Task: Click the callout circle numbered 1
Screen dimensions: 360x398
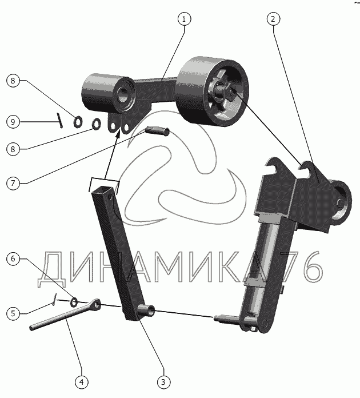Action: click(184, 19)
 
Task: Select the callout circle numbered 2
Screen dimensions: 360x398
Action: click(273, 19)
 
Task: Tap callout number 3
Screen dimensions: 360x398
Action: click(163, 382)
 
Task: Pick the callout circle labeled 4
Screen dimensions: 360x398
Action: click(82, 382)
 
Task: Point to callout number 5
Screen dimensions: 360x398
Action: click(13, 313)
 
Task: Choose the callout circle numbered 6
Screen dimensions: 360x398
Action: click(13, 259)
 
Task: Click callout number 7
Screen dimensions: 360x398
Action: click(13, 183)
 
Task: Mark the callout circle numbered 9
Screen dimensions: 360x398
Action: click(13, 122)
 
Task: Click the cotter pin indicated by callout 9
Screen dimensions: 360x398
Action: click(60, 121)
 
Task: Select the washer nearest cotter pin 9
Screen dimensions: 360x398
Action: click(78, 122)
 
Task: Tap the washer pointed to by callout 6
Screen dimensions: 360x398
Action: click(74, 302)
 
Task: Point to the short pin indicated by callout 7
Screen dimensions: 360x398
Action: click(157, 131)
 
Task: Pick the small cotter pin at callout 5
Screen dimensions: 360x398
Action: click(54, 300)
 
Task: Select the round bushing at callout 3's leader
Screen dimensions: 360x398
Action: click(146, 311)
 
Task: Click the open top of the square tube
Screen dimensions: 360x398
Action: click(102, 190)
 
